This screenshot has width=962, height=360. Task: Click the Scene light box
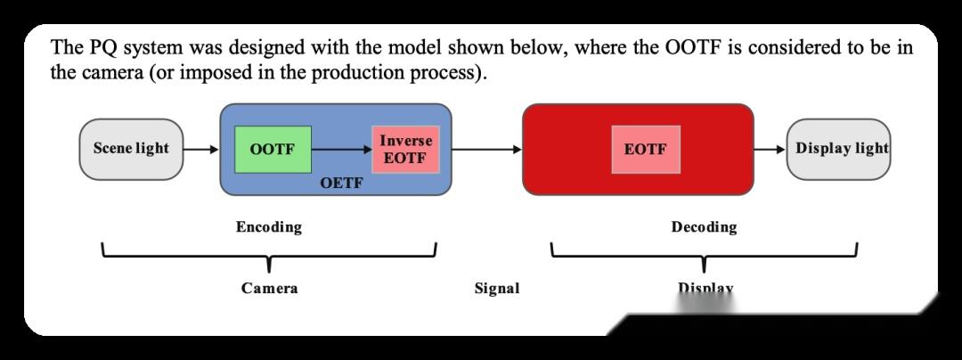(x=131, y=149)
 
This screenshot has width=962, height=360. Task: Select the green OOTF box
(x=273, y=149)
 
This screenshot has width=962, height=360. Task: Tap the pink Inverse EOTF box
(x=405, y=149)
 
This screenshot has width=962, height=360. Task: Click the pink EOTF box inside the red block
(x=646, y=149)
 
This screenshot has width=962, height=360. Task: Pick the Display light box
(x=838, y=149)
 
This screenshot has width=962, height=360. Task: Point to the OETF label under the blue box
(x=341, y=182)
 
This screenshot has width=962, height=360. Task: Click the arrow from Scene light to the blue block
(x=201, y=149)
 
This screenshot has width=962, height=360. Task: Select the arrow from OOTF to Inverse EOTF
(x=342, y=149)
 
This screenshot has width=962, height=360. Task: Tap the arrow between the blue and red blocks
(x=486, y=149)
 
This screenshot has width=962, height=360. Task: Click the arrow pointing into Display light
(x=770, y=149)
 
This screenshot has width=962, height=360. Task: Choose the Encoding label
(x=269, y=227)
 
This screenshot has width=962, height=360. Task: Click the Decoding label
(x=704, y=227)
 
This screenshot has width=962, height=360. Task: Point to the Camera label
(x=269, y=288)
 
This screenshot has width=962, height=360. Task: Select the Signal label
(x=497, y=288)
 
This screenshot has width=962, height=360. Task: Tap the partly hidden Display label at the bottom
(x=705, y=288)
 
